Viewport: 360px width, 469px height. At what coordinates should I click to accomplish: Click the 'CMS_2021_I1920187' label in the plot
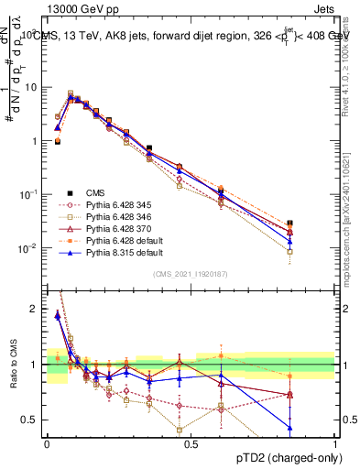[191, 274]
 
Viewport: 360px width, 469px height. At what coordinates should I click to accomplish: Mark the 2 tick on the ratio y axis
[37, 310]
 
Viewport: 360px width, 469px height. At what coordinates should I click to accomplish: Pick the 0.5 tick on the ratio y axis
[33, 420]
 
